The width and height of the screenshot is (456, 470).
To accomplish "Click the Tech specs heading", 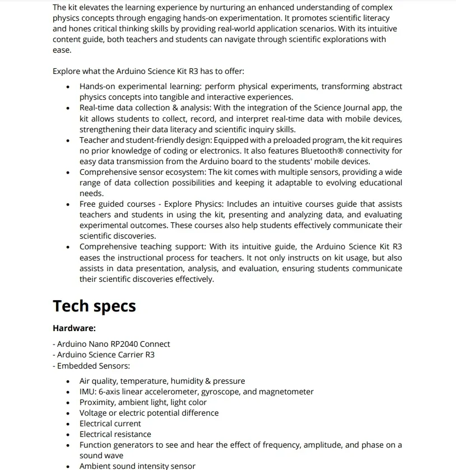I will pyautogui.click(x=94, y=306).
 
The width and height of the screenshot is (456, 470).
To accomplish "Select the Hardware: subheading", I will pyautogui.click(x=74, y=328).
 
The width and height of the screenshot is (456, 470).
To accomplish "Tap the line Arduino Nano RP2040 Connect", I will pyautogui.click(x=113, y=344).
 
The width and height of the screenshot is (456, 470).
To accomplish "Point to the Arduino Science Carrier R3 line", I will pyautogui.click(x=105, y=355).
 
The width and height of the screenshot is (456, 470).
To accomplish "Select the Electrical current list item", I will pyautogui.click(x=110, y=424).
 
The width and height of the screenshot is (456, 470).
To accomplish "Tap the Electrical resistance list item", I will pyautogui.click(x=115, y=434).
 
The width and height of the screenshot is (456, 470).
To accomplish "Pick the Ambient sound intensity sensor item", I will pyautogui.click(x=137, y=466).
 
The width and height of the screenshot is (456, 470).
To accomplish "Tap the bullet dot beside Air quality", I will pyautogui.click(x=68, y=381).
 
